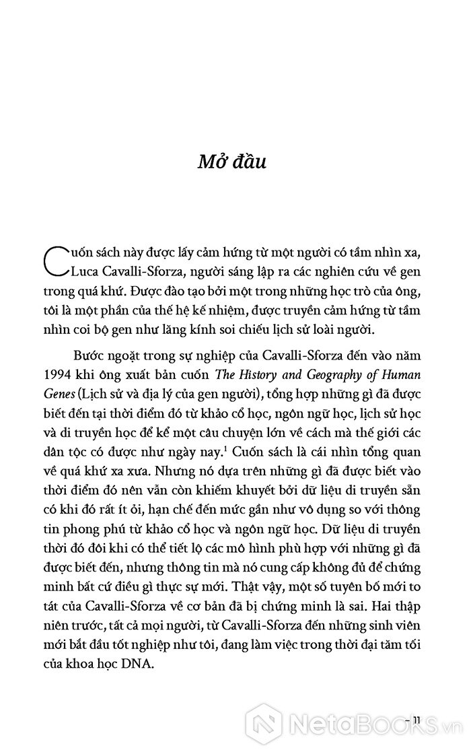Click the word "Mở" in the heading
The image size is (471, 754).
pyautogui.click(x=196, y=163)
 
